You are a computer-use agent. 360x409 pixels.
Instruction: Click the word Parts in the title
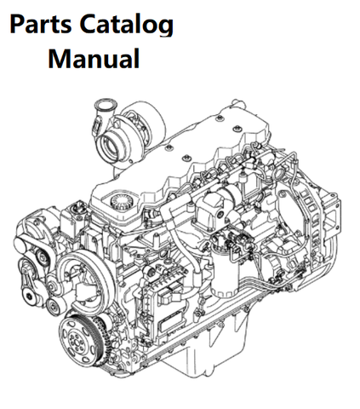coord(40,24)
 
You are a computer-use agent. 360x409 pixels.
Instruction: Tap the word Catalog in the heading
coord(126,25)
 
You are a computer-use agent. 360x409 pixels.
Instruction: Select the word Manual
coord(94,58)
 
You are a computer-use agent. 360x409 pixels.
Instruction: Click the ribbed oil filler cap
coord(121,201)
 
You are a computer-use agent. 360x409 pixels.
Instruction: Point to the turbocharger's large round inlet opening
coord(112,147)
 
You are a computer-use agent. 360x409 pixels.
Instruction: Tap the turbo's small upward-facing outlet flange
coord(103,104)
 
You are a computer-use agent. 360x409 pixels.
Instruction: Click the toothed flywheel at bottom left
coord(79,339)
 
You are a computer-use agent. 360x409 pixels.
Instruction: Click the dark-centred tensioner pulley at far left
coord(29,297)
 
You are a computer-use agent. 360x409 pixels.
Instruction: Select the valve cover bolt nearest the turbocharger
coord(170,147)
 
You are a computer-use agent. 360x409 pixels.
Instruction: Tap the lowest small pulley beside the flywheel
coord(54,306)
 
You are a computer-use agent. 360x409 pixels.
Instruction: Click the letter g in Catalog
coord(166,28)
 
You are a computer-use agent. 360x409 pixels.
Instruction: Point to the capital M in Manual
coord(58,58)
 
